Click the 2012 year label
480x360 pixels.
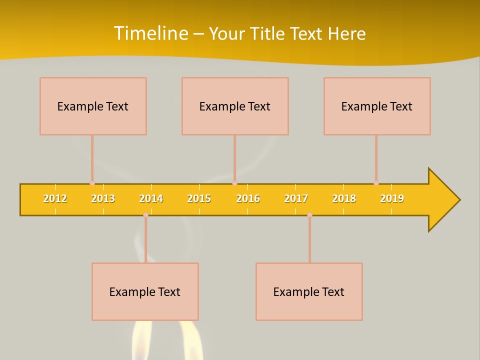click(x=55, y=198)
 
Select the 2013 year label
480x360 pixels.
click(x=103, y=198)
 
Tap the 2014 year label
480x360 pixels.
click(x=151, y=198)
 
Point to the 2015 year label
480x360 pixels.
click(x=199, y=198)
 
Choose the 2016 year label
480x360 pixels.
click(x=248, y=198)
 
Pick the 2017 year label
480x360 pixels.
click(x=296, y=198)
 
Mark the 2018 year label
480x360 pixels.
click(x=344, y=198)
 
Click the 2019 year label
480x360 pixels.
click(x=392, y=198)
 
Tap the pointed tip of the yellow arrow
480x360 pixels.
click(x=458, y=200)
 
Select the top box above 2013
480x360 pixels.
click(x=93, y=106)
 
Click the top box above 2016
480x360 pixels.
click(x=235, y=106)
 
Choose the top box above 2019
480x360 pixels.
click(x=377, y=106)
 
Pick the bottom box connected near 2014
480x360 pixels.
click(x=145, y=291)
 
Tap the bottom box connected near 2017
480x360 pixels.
click(x=309, y=291)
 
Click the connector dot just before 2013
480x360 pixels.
click(x=92, y=183)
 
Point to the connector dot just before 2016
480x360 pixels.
click(x=234, y=183)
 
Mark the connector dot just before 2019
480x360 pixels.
click(x=376, y=183)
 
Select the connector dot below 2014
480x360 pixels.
click(x=145, y=214)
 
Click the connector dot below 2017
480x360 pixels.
click(x=309, y=214)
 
